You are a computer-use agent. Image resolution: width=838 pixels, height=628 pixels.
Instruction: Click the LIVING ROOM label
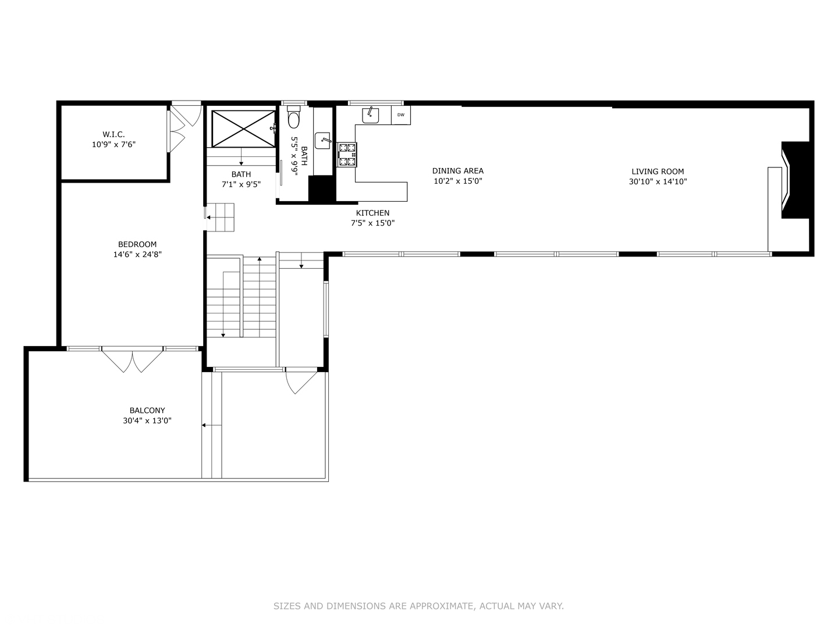click(x=658, y=172)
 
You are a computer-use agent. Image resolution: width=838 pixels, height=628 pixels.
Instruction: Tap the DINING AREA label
click(x=457, y=171)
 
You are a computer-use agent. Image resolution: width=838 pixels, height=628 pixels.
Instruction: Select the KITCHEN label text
click(x=372, y=213)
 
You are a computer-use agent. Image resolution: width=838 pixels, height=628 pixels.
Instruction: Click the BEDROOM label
click(x=137, y=245)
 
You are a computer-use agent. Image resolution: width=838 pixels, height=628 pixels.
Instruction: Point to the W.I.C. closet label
click(x=113, y=134)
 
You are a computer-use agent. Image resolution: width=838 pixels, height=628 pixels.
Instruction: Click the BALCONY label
click(x=147, y=411)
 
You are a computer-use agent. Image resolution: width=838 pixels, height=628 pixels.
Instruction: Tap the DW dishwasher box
click(x=401, y=115)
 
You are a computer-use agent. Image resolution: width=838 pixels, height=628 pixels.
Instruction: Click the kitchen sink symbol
click(x=371, y=115)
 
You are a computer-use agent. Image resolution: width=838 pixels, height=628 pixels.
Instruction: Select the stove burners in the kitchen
click(x=347, y=155)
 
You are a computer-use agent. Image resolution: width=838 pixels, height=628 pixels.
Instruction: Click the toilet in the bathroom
click(x=294, y=118)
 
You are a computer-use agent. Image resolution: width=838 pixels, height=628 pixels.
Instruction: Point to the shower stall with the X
click(x=243, y=129)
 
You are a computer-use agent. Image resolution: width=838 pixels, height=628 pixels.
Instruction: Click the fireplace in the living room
click(x=794, y=180)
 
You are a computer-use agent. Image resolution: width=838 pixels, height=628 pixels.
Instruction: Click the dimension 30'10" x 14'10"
click(x=658, y=181)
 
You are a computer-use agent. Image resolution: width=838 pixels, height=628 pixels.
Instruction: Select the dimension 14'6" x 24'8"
click(x=137, y=254)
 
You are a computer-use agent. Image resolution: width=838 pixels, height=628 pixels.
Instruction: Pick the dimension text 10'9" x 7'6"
click(x=113, y=144)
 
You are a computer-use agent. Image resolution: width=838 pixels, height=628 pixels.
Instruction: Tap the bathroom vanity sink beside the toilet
click(x=323, y=140)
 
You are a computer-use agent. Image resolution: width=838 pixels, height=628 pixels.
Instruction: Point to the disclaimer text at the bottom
click(x=418, y=606)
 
